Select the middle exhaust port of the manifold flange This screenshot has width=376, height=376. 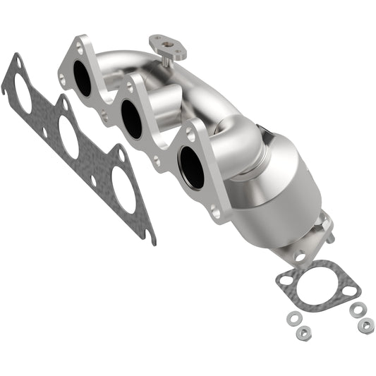pyautogui.click(x=133, y=118)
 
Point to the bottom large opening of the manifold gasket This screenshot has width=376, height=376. pyautogui.click(x=124, y=191)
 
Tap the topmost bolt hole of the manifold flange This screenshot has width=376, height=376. pyautogui.click(x=79, y=49)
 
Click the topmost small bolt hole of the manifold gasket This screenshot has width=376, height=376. pyautogui.click(x=17, y=66)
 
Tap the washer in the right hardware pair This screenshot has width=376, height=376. pyautogui.click(x=356, y=309)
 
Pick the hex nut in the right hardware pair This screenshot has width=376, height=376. pyautogui.click(x=365, y=325)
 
